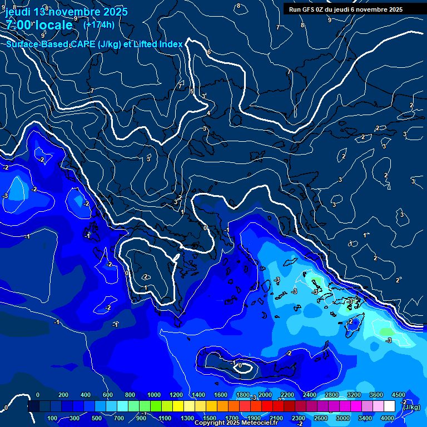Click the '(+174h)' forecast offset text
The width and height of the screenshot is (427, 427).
[x=99, y=24]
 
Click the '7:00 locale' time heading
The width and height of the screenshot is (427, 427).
[x=39, y=25]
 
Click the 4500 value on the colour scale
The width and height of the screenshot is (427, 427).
[x=398, y=395]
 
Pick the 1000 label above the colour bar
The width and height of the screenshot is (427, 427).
[x=153, y=395]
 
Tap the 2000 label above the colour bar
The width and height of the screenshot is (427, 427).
[x=265, y=395]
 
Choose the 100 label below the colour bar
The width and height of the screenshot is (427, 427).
[x=52, y=418]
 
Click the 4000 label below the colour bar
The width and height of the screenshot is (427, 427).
[x=388, y=418]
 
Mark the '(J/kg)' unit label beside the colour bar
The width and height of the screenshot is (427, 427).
[x=411, y=408]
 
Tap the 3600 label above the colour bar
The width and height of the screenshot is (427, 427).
[x=376, y=395]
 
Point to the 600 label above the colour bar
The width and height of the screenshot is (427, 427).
[x=107, y=395]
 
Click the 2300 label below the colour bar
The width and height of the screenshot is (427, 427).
[x=298, y=418]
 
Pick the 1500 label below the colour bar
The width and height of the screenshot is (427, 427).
[x=209, y=418]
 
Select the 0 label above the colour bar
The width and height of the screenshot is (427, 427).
[x=38, y=395]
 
